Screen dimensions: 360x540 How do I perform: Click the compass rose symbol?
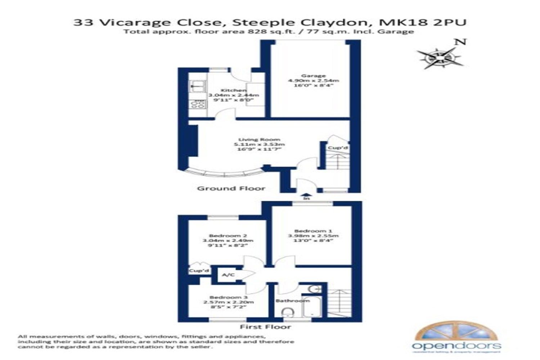[440, 58]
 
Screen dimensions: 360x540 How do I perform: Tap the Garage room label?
[313, 76]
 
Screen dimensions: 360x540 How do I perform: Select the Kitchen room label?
[233, 90]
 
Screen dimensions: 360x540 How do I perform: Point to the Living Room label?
[259, 140]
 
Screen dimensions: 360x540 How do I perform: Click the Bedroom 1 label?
[313, 231]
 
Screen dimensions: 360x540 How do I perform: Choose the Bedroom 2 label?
[228, 236]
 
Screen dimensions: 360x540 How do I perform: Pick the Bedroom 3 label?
[228, 297]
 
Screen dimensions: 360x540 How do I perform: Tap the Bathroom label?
[292, 301]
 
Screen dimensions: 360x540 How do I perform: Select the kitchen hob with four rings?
[198, 104]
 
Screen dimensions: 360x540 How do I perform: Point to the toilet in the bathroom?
[288, 312]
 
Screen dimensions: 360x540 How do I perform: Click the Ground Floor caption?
[231, 188]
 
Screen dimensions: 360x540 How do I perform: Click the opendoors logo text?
[456, 346]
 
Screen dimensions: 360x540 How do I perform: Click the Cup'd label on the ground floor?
[337, 148]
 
